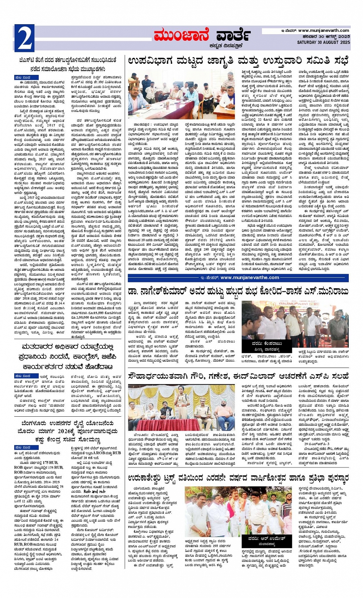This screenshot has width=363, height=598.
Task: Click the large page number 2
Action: [x=24, y=38]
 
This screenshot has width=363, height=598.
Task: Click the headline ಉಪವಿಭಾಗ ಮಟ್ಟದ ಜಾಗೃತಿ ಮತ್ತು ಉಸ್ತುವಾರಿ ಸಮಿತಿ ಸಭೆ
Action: [x=238, y=61]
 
